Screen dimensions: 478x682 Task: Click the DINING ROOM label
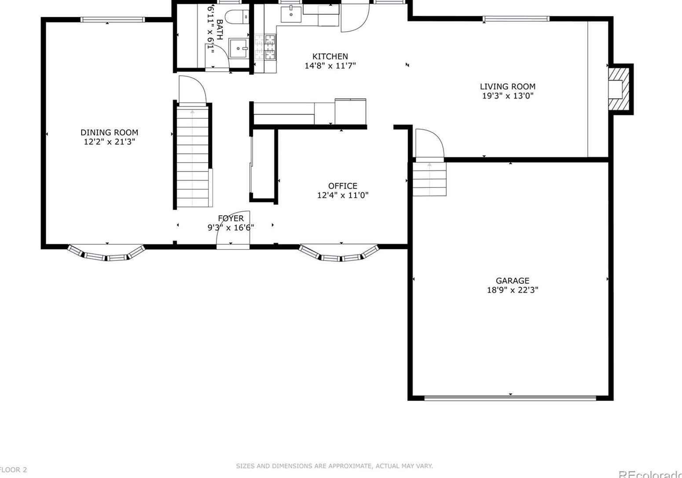(109, 132)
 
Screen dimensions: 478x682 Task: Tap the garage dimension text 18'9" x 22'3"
(512, 290)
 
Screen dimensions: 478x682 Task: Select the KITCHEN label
(330, 56)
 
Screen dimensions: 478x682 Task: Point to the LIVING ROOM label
(507, 87)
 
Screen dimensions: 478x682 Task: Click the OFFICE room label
(342, 186)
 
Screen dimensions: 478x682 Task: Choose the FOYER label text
(231, 218)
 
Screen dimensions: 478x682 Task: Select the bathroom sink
(238, 48)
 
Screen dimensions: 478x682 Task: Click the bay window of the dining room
(106, 254)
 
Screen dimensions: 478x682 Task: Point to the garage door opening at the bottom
(510, 398)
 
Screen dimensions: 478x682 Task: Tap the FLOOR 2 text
(13, 470)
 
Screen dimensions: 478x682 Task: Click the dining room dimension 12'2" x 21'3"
(109, 142)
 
